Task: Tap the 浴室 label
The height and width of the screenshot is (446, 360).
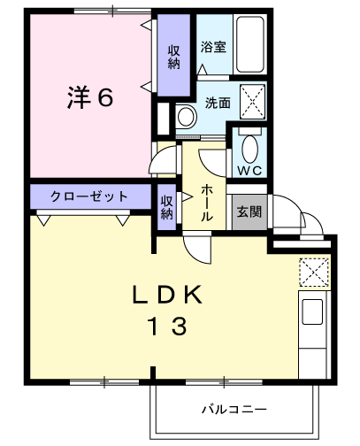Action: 213,47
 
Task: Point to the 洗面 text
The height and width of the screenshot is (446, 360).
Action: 218,103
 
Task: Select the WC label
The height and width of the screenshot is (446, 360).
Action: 247,168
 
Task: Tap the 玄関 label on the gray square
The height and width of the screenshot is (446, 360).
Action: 249,211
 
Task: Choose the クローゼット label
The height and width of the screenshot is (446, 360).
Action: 88,196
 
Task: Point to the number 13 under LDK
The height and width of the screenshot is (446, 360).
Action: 168,327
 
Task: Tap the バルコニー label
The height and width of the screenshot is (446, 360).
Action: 234,409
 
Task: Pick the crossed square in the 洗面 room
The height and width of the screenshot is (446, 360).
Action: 254,102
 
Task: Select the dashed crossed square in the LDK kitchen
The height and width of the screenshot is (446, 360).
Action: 313,271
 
